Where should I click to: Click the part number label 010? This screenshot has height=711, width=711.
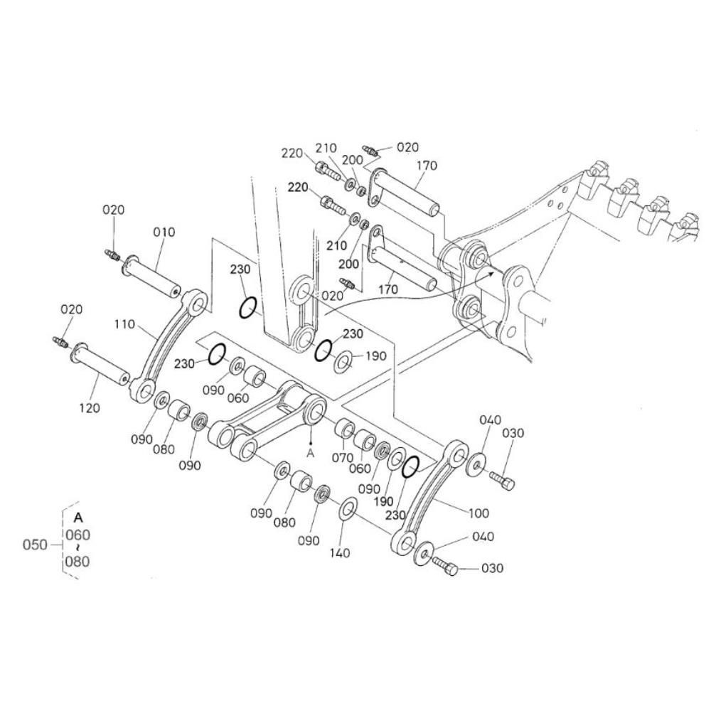pos(163,232)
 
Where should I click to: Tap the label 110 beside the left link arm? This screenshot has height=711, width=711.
pos(124,324)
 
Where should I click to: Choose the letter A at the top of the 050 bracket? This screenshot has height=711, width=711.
pos(77,517)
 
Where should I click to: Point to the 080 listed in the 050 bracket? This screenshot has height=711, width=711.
pos(77,562)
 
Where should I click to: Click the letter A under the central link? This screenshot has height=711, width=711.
pos(310,451)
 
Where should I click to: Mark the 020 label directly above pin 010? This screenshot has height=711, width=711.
pos(112,210)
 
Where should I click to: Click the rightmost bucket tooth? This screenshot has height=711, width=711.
pos(688,223)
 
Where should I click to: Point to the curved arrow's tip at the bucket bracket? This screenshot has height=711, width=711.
pos(491,270)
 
